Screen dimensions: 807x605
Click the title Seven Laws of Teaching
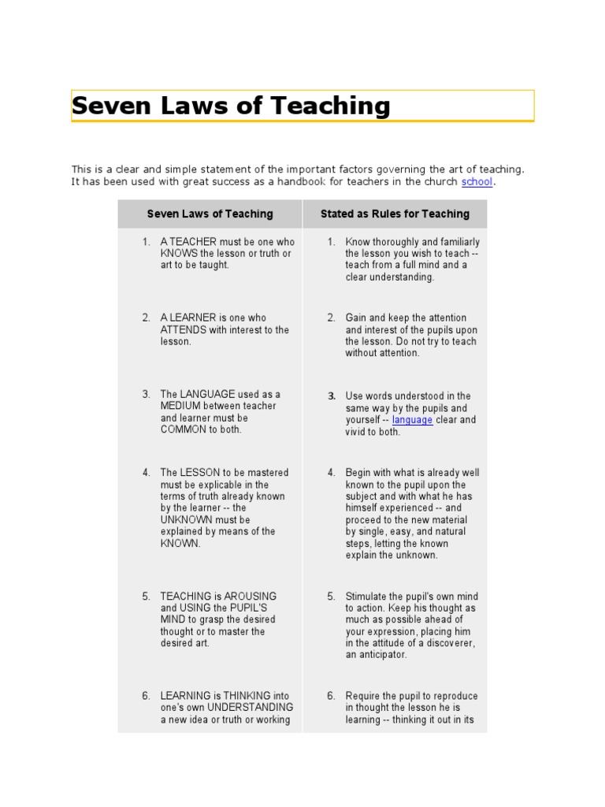click(x=231, y=106)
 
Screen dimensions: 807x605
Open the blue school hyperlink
click(x=477, y=182)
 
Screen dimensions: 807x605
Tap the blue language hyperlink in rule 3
click(x=412, y=420)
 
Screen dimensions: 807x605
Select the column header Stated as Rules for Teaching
click(x=395, y=214)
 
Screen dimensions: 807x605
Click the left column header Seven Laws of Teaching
click(x=210, y=214)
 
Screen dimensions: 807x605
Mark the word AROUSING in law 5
click(x=250, y=597)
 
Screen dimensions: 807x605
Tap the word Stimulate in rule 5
click(x=368, y=597)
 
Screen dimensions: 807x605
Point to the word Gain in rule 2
click(x=357, y=318)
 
